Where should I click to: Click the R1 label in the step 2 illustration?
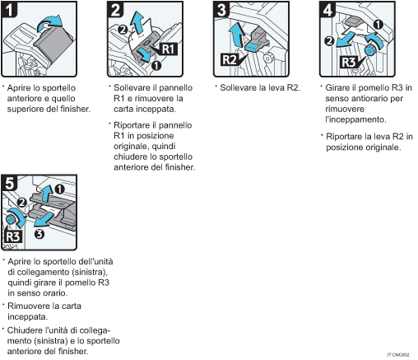pos(166,49)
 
